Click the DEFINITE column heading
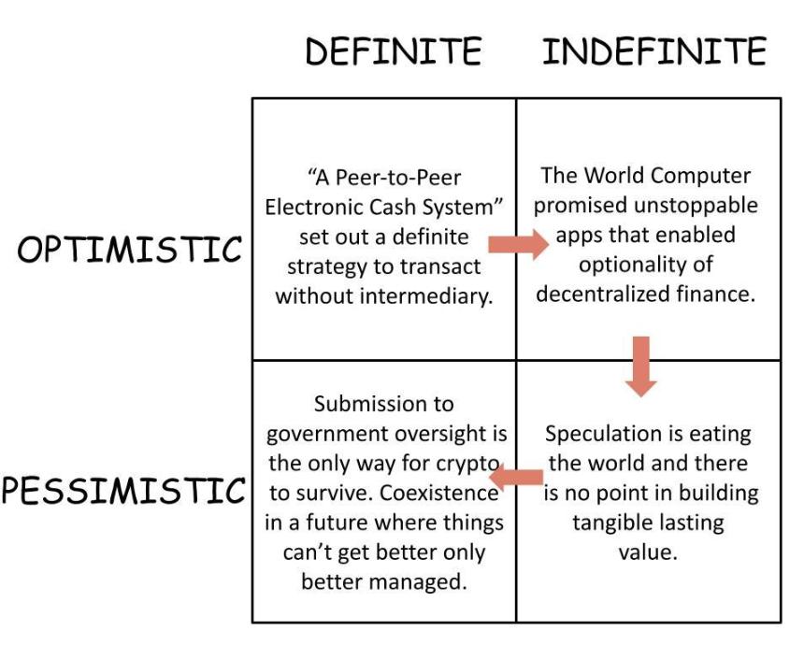394,50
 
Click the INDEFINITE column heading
654,50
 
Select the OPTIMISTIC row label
129,250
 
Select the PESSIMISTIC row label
123,490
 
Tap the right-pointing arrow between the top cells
518,245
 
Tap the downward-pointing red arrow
641,366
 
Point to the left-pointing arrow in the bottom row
516,478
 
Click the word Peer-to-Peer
398,178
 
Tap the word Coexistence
438,494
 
